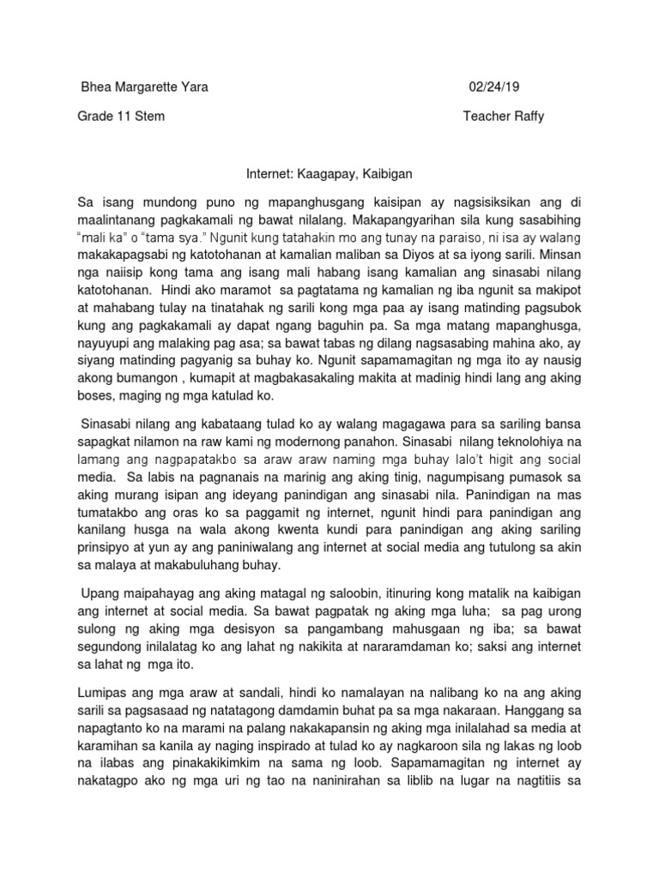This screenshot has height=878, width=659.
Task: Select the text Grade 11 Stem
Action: click(x=122, y=117)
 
